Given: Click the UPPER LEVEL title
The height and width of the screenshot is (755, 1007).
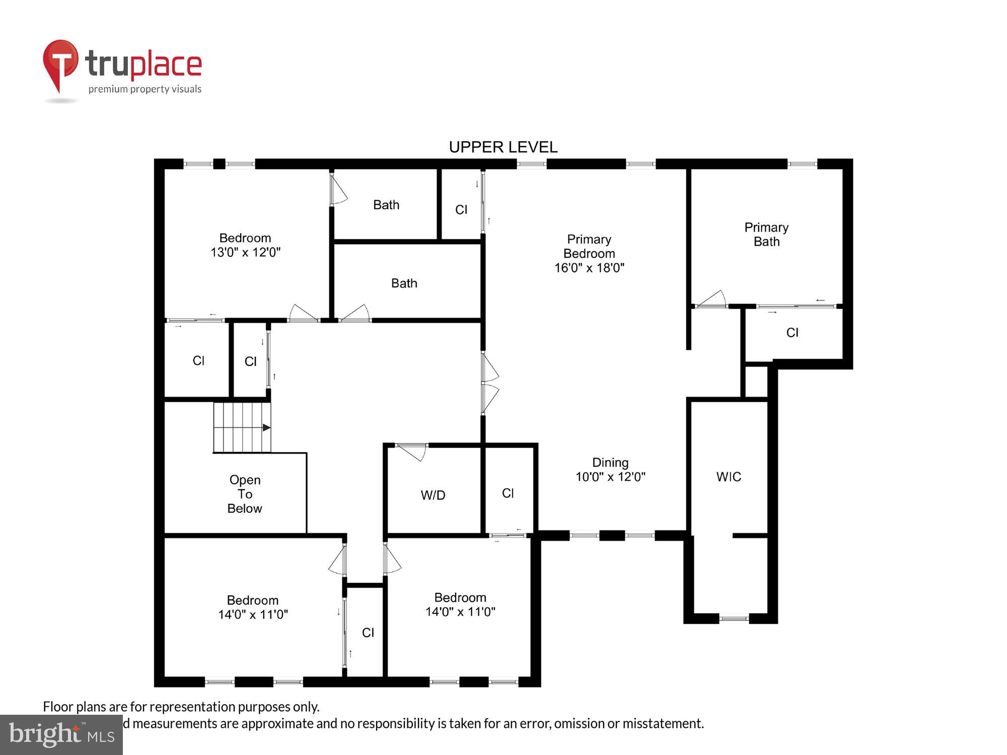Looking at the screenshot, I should pos(503,147).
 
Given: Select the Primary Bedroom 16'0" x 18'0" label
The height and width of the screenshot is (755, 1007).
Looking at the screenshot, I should pos(589,254).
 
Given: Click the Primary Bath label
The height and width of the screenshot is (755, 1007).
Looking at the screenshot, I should pos(766,235).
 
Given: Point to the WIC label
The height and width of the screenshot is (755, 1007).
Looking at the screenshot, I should pos(729,477).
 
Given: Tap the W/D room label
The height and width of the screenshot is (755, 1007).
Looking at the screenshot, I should pos(433,495).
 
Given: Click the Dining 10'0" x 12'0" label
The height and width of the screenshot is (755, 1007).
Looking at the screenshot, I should pos(610,470).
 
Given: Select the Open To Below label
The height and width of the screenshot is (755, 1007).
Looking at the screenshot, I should pos(245,494).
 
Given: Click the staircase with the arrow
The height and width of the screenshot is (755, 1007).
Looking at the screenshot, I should pos(242,427).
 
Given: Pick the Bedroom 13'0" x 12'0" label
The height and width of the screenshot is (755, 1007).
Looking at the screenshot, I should pos(245,245).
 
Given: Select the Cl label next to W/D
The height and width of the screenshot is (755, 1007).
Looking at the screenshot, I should pos(508,493).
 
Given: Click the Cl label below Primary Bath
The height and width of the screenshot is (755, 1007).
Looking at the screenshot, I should pos(792,333).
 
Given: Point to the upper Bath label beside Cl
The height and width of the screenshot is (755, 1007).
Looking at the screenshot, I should pos(386,205).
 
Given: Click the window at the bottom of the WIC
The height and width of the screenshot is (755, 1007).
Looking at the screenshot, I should pos(734,618).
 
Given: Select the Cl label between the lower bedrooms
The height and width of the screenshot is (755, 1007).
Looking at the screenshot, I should pos(368,633).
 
